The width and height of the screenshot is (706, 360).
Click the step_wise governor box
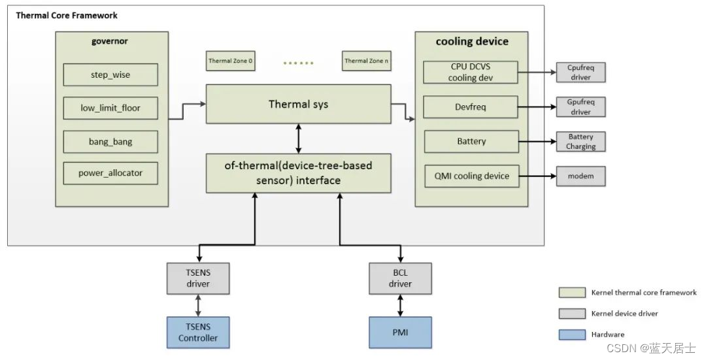pos(110,74)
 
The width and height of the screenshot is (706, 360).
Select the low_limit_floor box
pos(110,108)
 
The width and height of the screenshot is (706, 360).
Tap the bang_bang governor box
pos(110,141)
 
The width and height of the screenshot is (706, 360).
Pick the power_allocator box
pos(110,173)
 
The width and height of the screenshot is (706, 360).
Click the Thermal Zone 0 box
pos(230,61)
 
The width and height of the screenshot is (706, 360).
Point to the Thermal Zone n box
pos(366,61)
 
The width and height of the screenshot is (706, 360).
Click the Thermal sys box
pos(298,104)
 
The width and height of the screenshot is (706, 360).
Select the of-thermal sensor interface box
pos(298,173)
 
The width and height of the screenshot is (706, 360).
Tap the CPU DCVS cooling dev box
pos(471,73)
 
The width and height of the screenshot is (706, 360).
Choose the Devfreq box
pos(471,106)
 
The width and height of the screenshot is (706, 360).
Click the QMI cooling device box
pos(471,176)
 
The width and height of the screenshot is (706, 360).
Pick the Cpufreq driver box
pos(580,72)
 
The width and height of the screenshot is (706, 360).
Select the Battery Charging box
pos(580,142)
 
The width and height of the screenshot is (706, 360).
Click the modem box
pos(580,176)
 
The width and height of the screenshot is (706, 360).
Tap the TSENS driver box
pos(197,278)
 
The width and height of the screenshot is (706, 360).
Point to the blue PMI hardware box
pos(400,332)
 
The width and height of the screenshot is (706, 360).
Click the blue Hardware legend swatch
pos(571,334)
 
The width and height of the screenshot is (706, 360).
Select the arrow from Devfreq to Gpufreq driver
pos(537,106)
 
